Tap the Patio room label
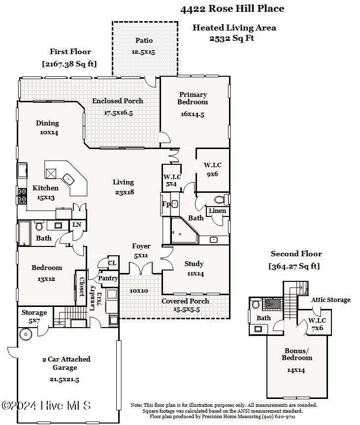pyautogui.click(x=144, y=40)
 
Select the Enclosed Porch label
pyautogui.click(x=118, y=101)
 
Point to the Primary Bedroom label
pyautogui.click(x=193, y=98)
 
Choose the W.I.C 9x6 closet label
pyautogui.click(x=213, y=169)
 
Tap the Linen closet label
pyautogui.click(x=217, y=211)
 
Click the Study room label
pyautogui.click(x=194, y=264)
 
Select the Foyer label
pyautogui.click(x=141, y=246)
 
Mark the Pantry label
pyautogui.click(x=108, y=278)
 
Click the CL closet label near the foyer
pyautogui.click(x=112, y=263)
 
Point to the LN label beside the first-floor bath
pyautogui.click(x=77, y=225)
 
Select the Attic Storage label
pyautogui.click(x=330, y=300)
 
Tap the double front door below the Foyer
pyautogui.click(x=141, y=269)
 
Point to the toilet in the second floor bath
pyautogui.click(x=255, y=304)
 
